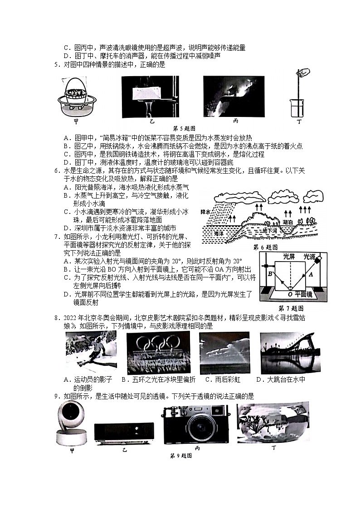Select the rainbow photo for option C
coord(224,353)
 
